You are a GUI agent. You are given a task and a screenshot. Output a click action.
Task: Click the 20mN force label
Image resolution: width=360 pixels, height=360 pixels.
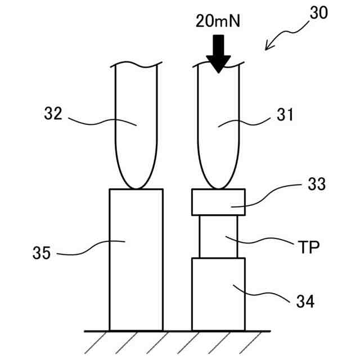pos(218,22)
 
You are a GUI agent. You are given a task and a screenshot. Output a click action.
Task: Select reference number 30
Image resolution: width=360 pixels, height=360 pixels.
pos(318,13)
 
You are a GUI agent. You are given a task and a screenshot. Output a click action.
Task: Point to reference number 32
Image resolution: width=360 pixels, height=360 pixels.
pos(53,114)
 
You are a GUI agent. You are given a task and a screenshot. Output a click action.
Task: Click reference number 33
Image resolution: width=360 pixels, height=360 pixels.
pos(316,184)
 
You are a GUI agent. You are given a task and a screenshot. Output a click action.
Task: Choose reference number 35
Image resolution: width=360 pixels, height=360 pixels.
pos(42,253)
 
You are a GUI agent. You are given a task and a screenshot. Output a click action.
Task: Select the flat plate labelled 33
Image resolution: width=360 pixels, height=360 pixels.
pos(218,202)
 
